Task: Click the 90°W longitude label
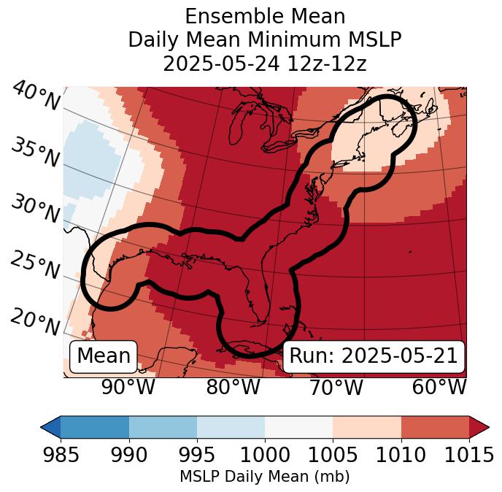pyautogui.click(x=128, y=388)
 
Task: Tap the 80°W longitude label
pyautogui.click(x=233, y=388)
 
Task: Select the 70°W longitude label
pyautogui.click(x=336, y=388)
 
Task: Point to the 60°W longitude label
pyautogui.click(x=439, y=388)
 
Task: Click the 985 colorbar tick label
pyautogui.click(x=61, y=456)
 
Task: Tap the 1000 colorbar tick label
pyautogui.click(x=265, y=456)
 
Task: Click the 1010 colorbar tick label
pyautogui.click(x=401, y=456)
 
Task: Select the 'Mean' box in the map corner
pyautogui.click(x=104, y=356)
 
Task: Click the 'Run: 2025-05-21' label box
pyautogui.click(x=374, y=356)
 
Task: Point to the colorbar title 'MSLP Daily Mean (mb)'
pyautogui.click(x=265, y=477)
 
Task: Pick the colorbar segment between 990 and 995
pyautogui.click(x=163, y=427)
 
